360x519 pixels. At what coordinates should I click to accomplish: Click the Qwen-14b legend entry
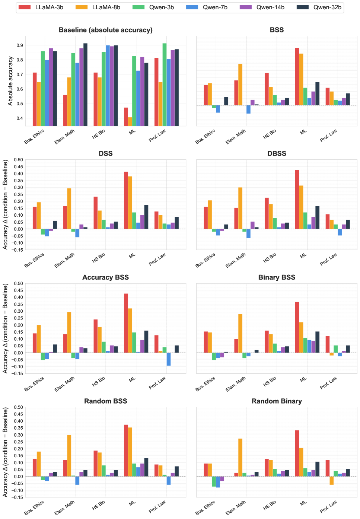coord(262,7)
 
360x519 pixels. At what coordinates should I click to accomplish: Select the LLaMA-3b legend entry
coord(41,7)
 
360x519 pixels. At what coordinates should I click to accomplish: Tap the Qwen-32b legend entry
coord(319,7)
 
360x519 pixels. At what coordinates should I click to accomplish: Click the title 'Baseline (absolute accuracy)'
coord(106,30)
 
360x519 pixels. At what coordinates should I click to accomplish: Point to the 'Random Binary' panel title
coord(277,401)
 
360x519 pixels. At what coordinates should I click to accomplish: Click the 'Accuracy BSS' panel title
coord(106,277)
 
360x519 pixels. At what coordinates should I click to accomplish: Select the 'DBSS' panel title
coord(277,153)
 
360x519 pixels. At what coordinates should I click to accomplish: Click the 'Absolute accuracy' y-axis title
coord(10,81)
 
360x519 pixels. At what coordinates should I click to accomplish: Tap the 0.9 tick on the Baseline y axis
coord(20,45)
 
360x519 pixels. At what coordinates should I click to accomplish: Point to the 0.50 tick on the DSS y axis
coord(19,160)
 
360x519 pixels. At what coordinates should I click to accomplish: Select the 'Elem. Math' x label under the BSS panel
coord(236,137)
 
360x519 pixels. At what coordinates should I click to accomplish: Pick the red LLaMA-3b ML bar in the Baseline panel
coord(126,117)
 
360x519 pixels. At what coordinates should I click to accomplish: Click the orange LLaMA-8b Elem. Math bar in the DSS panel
coord(69,209)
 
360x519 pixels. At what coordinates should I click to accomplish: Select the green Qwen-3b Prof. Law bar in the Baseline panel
coord(165,85)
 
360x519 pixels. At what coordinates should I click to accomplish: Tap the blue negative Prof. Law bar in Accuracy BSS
coord(169,359)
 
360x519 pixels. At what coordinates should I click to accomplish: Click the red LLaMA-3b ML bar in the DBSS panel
coord(297,200)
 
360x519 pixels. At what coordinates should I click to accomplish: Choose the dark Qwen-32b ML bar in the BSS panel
coord(318,94)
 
